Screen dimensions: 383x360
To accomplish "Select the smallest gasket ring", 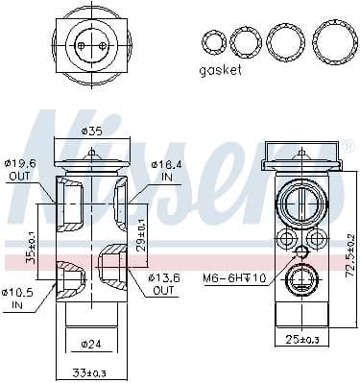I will pyautogui.click(x=210, y=41).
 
